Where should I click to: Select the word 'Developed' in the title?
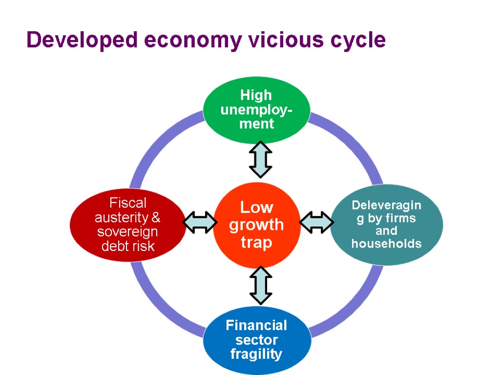click(82, 40)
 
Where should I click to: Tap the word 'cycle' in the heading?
click(358, 40)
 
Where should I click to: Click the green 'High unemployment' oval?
click(256, 109)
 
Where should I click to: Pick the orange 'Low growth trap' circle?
click(256, 225)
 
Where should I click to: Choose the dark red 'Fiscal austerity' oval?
click(128, 225)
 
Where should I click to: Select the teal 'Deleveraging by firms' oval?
click(386, 225)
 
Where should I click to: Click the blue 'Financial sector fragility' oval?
click(256, 340)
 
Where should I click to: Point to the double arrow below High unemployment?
click(260, 160)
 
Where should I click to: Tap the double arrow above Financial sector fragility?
click(260, 286)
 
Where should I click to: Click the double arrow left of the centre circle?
click(200, 222)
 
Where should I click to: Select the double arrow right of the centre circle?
click(316, 222)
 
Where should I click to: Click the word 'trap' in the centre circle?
click(256, 242)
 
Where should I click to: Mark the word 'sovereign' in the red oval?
click(127, 231)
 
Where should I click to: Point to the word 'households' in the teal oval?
click(386, 244)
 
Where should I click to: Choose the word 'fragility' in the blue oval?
click(256, 354)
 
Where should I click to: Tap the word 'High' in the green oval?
click(256, 95)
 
